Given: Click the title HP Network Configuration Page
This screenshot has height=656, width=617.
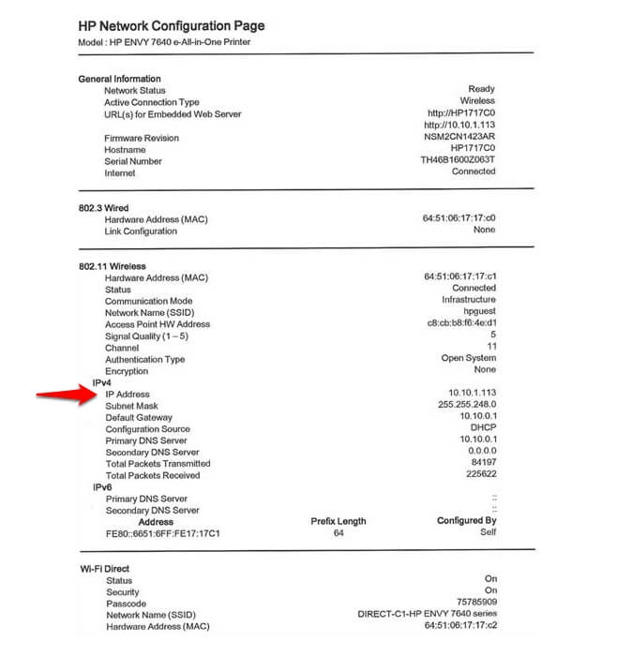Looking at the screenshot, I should [x=172, y=25].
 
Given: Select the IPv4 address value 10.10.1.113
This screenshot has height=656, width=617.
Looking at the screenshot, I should [x=472, y=394].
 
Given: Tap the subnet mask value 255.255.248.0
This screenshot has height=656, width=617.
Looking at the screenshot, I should [x=467, y=406].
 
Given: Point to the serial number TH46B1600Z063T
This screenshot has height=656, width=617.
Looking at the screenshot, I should [x=459, y=160].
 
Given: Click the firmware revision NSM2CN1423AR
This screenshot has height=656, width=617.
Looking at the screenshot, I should [x=459, y=137].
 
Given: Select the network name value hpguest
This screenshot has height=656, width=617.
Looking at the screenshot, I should [x=476, y=312].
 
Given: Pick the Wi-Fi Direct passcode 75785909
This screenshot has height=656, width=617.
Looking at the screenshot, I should [x=475, y=603].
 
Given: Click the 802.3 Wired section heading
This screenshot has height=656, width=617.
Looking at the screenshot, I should [x=103, y=207].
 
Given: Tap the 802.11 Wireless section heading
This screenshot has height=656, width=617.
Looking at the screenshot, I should [x=113, y=266].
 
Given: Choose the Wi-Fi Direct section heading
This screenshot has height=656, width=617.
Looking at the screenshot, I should [x=105, y=568].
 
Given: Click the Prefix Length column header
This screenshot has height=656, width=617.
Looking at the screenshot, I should [x=339, y=521].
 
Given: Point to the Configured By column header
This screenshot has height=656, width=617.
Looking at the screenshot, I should [x=466, y=521].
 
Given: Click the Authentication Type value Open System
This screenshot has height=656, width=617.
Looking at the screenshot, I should [x=468, y=358].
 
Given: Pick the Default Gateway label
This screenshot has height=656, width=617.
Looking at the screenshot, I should [x=139, y=417].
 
